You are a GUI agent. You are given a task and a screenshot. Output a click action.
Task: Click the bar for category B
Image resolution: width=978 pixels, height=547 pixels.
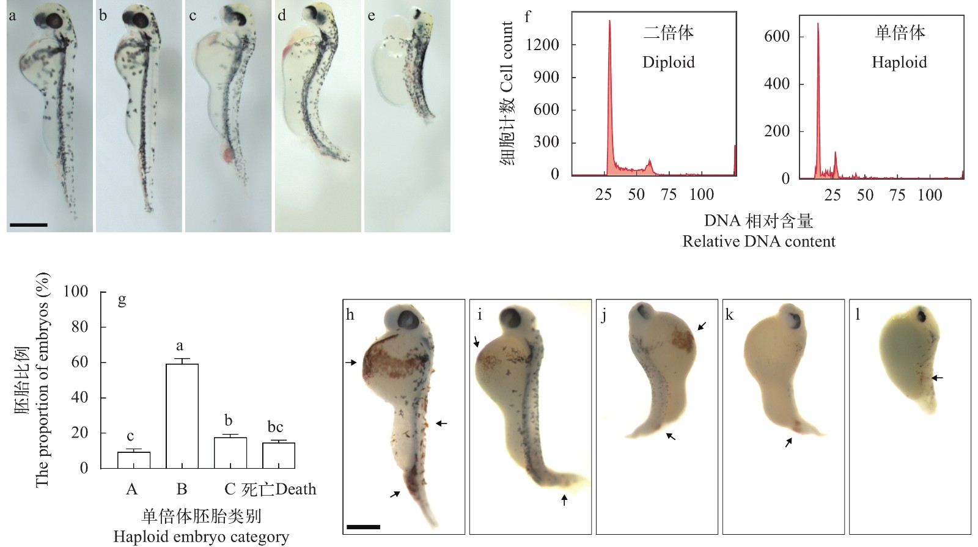182,416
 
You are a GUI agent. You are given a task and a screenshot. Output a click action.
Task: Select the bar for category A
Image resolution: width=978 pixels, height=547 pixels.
133,460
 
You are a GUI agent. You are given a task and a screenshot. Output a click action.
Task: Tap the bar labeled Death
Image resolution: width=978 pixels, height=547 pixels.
278,455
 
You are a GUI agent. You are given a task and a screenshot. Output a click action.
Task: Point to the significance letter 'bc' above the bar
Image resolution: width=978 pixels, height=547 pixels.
275,427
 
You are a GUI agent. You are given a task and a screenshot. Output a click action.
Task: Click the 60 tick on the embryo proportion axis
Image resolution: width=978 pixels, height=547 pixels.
80,362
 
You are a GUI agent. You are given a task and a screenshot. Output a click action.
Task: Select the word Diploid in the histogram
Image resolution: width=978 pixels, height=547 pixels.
668,62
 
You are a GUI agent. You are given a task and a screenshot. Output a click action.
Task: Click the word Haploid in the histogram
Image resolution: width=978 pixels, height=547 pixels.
899,62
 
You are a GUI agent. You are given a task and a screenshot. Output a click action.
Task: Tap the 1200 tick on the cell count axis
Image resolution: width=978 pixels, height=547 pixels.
546,45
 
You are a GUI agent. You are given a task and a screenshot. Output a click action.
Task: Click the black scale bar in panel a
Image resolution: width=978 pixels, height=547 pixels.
29,225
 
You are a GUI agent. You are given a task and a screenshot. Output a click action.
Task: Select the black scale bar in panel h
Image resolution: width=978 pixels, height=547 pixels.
363,526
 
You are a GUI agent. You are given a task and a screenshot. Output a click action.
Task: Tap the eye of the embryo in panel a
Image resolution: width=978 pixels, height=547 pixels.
53,21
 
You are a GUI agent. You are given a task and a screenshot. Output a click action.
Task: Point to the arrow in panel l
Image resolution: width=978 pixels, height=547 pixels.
936,378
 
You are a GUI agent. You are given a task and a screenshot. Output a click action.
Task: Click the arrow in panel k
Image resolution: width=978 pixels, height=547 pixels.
789,442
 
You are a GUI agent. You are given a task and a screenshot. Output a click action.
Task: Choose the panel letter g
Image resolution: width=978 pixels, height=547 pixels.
122,299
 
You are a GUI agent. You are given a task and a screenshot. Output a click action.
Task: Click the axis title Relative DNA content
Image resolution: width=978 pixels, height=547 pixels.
759,241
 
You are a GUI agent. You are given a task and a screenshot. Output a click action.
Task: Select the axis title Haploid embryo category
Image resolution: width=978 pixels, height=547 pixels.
201,537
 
